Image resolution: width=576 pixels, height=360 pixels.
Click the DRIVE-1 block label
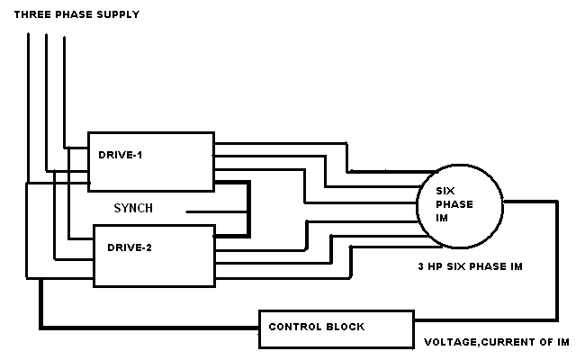click(x=121, y=155)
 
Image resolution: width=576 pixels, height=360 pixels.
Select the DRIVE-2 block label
click(x=129, y=247)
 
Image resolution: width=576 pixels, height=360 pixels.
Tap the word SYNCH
click(x=132, y=209)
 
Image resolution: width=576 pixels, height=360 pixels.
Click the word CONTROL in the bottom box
click(x=295, y=328)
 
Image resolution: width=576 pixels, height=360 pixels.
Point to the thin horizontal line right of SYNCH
click(x=216, y=212)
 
